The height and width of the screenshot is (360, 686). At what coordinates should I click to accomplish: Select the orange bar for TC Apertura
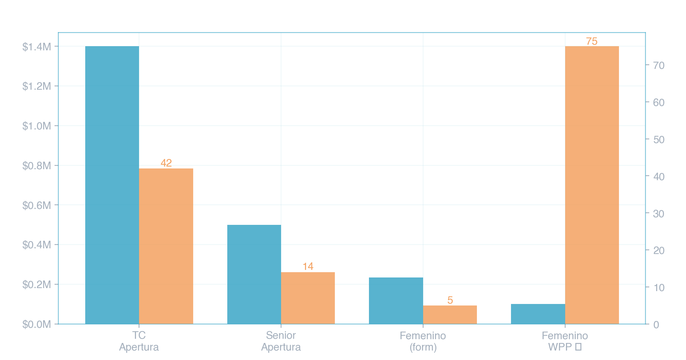coord(166,246)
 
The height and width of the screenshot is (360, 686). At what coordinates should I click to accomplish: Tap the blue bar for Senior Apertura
coord(254,274)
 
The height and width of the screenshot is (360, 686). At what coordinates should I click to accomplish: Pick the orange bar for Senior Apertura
coord(308,298)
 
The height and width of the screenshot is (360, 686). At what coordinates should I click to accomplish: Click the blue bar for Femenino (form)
coord(396,301)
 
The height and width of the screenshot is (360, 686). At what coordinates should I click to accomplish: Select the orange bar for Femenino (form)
coord(450,315)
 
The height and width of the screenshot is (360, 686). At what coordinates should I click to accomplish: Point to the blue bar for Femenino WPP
coord(538,314)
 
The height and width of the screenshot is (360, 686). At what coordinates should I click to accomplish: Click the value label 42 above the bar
coord(166,163)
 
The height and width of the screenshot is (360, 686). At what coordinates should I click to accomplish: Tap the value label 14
coord(308,266)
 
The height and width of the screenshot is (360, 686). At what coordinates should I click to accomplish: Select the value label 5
coord(450,300)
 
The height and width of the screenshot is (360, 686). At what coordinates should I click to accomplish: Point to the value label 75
coord(592,41)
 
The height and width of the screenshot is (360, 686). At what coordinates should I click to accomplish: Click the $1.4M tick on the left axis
coord(37,47)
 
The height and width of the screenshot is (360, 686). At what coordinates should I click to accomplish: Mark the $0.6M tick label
coord(37,205)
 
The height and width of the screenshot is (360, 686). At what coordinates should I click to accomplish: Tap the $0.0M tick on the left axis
coord(37,324)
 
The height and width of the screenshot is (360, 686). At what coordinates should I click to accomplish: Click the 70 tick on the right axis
coord(659,65)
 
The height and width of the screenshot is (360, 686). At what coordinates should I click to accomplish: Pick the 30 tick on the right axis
coord(659,214)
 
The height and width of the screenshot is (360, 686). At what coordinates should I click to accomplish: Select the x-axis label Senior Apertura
coord(281,341)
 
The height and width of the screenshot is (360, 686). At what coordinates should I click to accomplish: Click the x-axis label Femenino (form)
coord(423,341)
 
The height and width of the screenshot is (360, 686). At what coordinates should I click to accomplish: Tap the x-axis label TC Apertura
coord(139,341)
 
